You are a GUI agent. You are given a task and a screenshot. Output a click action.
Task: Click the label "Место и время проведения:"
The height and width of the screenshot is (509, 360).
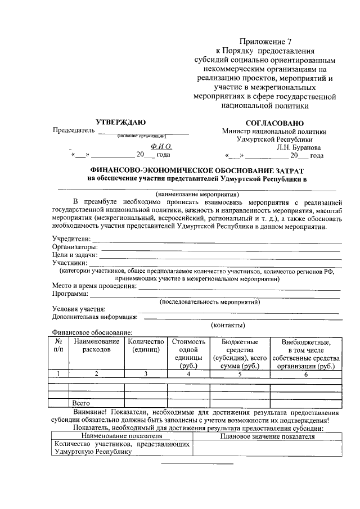(x=94, y=286)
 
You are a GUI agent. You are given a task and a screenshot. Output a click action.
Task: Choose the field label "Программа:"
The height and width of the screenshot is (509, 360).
(x=70, y=294)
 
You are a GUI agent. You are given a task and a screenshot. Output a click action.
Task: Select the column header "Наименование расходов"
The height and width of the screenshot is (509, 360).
(x=96, y=345)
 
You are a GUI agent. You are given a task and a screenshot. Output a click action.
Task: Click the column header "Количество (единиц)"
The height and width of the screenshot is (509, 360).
(x=146, y=345)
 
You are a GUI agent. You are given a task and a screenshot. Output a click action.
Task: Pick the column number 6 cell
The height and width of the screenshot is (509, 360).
(x=305, y=373)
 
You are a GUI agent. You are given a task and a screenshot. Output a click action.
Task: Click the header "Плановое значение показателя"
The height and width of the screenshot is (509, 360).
(x=267, y=436)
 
